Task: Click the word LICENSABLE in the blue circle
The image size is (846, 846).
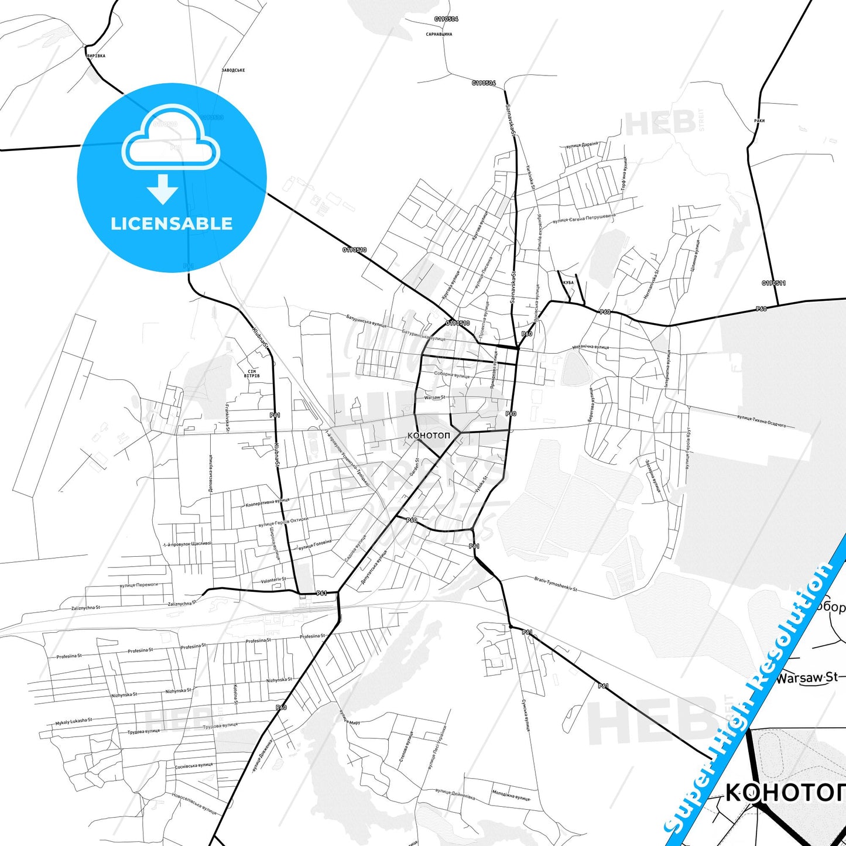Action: pos(172,224)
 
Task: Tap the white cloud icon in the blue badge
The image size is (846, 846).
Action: pos(171,143)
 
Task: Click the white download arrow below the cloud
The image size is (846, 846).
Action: pos(163,189)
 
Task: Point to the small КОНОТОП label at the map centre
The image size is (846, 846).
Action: pos(429,436)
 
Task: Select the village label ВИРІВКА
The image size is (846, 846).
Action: pos(95,56)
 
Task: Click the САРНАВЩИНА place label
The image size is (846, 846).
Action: pos(439,35)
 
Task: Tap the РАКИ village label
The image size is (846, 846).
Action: pos(759,121)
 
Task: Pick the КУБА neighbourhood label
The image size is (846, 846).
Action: pos(568,283)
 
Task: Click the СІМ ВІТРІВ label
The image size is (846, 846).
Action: pos(252,374)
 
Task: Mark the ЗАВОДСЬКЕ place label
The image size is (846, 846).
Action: pos(233,70)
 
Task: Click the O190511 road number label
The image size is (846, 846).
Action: pos(773,283)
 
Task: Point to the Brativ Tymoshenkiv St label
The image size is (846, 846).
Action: pos(556,584)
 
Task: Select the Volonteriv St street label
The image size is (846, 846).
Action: pos(273,580)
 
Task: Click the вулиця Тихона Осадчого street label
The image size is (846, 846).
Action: pos(761,420)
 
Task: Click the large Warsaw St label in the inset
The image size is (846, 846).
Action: pos(807,678)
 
